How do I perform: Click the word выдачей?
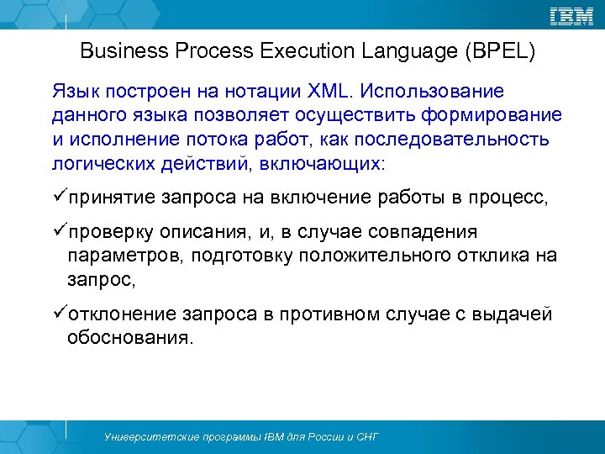pyautogui.click(x=517, y=314)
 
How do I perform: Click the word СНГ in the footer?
pyautogui.click(x=366, y=437)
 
